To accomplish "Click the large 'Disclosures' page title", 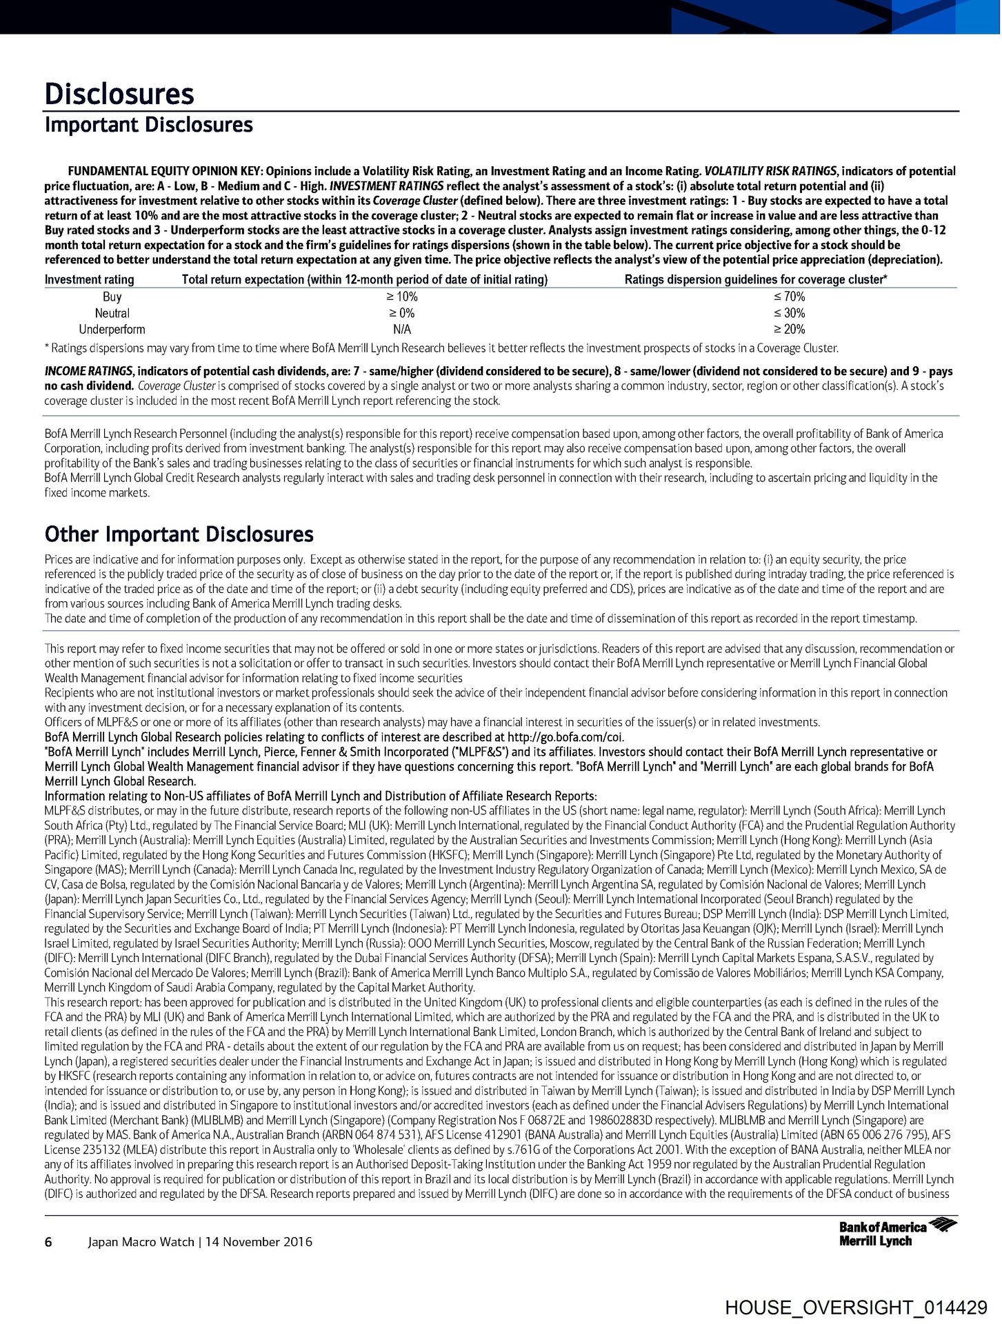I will [x=119, y=94].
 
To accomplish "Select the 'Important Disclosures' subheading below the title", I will [x=148, y=125].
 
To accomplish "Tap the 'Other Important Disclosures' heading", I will [x=179, y=534].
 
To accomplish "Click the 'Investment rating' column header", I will [x=90, y=279].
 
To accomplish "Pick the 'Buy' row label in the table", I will [x=112, y=297].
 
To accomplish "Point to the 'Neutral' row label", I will [x=112, y=313].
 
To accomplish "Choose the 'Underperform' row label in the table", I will [x=112, y=330].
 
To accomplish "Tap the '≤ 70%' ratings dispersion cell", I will [x=789, y=297].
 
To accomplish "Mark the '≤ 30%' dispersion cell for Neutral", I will [x=789, y=313].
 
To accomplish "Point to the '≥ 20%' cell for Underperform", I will [x=789, y=330].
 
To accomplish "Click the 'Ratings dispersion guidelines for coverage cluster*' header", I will [x=756, y=279].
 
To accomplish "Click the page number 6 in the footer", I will [x=48, y=1242].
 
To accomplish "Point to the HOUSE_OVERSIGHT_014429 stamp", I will [x=856, y=1307].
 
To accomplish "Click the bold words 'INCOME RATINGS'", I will [x=89, y=372].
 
